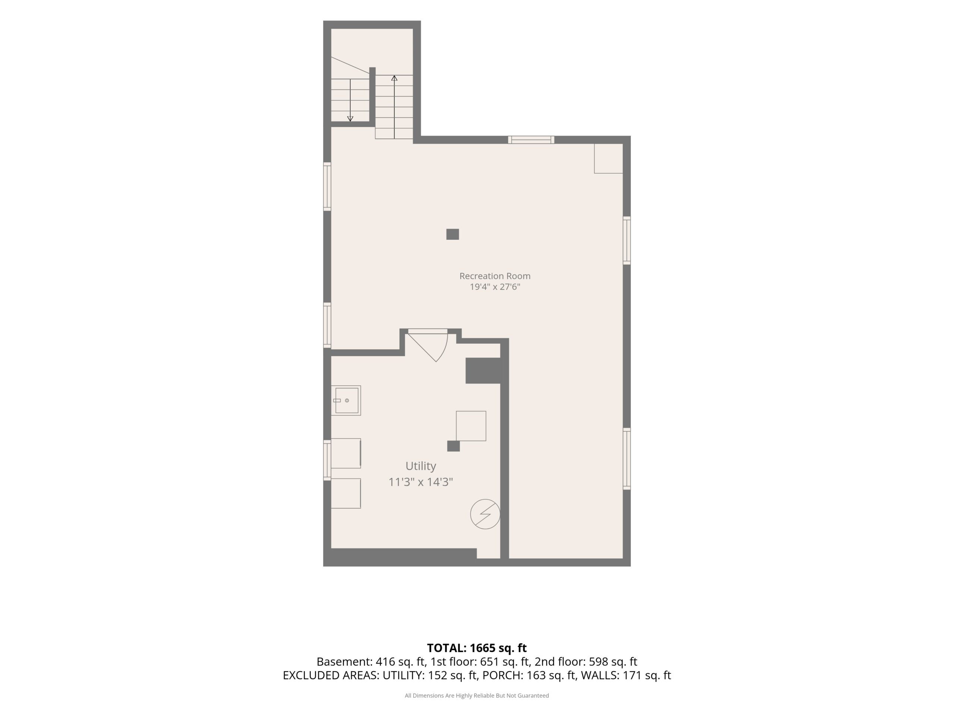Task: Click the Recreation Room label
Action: click(495, 276)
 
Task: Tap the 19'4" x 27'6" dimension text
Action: click(495, 287)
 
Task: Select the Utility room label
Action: click(420, 466)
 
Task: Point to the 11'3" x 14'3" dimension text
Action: click(420, 482)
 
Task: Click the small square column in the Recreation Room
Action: click(452, 234)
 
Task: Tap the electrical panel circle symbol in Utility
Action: click(485, 514)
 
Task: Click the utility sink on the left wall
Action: click(346, 400)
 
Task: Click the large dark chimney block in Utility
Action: click(483, 371)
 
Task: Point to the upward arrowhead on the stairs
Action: click(394, 78)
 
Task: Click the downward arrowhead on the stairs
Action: click(350, 118)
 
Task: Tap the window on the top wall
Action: click(531, 140)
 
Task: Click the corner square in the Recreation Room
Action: click(609, 159)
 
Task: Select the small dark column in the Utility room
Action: click(453, 446)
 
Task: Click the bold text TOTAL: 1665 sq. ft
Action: click(477, 648)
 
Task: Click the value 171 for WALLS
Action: click(631, 676)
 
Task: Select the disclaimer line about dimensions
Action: click(477, 695)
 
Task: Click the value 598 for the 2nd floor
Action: click(598, 661)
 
